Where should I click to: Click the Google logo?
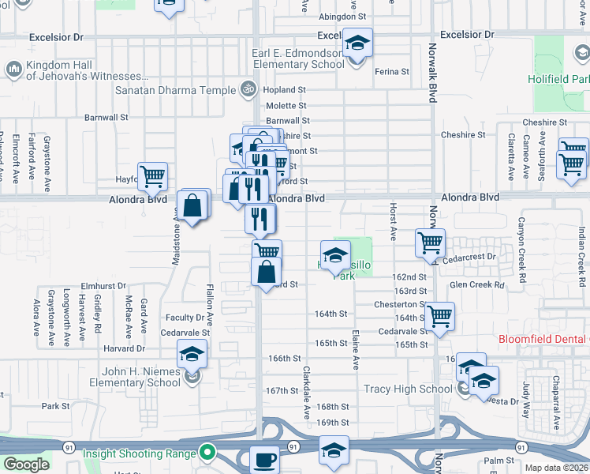point(25,465)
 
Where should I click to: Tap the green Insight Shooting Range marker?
point(207,453)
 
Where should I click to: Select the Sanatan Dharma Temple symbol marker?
point(248,90)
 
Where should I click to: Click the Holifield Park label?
point(560,79)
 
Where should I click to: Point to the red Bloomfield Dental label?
point(544,340)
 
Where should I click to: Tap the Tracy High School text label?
point(408,389)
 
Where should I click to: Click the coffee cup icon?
point(264,459)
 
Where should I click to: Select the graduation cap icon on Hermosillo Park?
point(334,254)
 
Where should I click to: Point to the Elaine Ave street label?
point(356,351)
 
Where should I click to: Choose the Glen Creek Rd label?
point(476,284)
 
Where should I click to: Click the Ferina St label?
point(392,71)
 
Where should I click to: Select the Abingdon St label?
point(344,17)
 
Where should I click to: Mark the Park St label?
point(56,406)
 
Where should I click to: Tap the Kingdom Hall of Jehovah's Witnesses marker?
point(15,70)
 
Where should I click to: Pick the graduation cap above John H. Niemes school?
point(192,355)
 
